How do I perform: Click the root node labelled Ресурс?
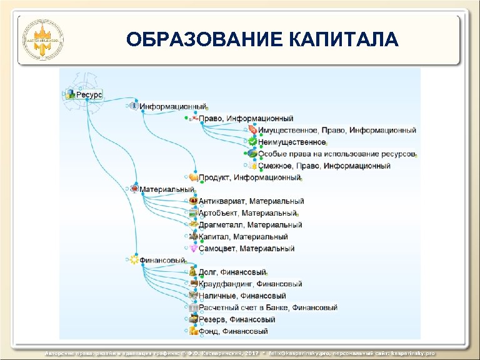[89, 95]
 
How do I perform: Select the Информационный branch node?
[173, 107]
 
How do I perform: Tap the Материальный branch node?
[166, 189]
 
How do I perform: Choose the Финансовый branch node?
[162, 260]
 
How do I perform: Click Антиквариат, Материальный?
[251, 201]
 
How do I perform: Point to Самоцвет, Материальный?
[246, 249]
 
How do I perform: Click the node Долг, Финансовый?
[232, 272]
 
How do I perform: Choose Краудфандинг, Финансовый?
[250, 284]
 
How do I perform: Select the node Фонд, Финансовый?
[233, 331]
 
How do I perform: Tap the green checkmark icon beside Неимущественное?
[252, 142]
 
